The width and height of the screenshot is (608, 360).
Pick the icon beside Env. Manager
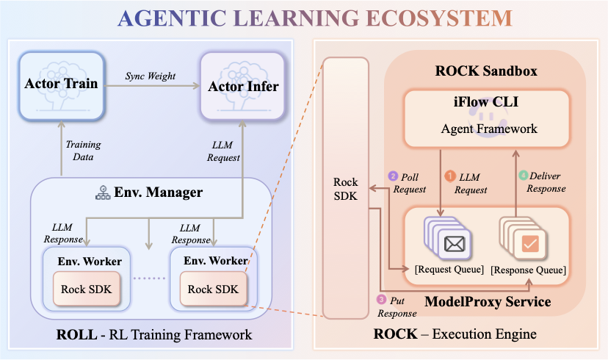(x=103, y=192)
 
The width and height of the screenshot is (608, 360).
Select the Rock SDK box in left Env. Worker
(x=84, y=289)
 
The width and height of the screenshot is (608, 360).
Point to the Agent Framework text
(x=489, y=129)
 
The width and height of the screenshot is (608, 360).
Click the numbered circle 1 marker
(x=451, y=176)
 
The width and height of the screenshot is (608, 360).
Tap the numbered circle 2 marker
(x=393, y=176)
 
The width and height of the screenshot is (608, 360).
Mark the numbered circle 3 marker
(x=381, y=300)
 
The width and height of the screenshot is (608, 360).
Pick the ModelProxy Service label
(x=488, y=301)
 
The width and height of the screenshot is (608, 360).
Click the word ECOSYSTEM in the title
(x=438, y=18)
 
